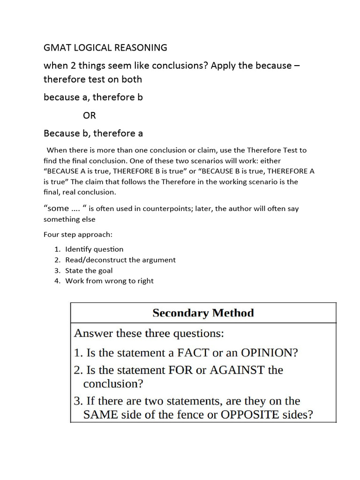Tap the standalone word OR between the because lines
89,115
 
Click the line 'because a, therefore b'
93,97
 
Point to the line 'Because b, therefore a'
93,134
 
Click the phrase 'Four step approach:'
78,234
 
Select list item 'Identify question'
94,249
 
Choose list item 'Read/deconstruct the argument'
120,260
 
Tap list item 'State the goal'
89,270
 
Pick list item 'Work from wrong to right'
109,281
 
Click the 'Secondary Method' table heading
203,313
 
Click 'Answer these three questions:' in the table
149,334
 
